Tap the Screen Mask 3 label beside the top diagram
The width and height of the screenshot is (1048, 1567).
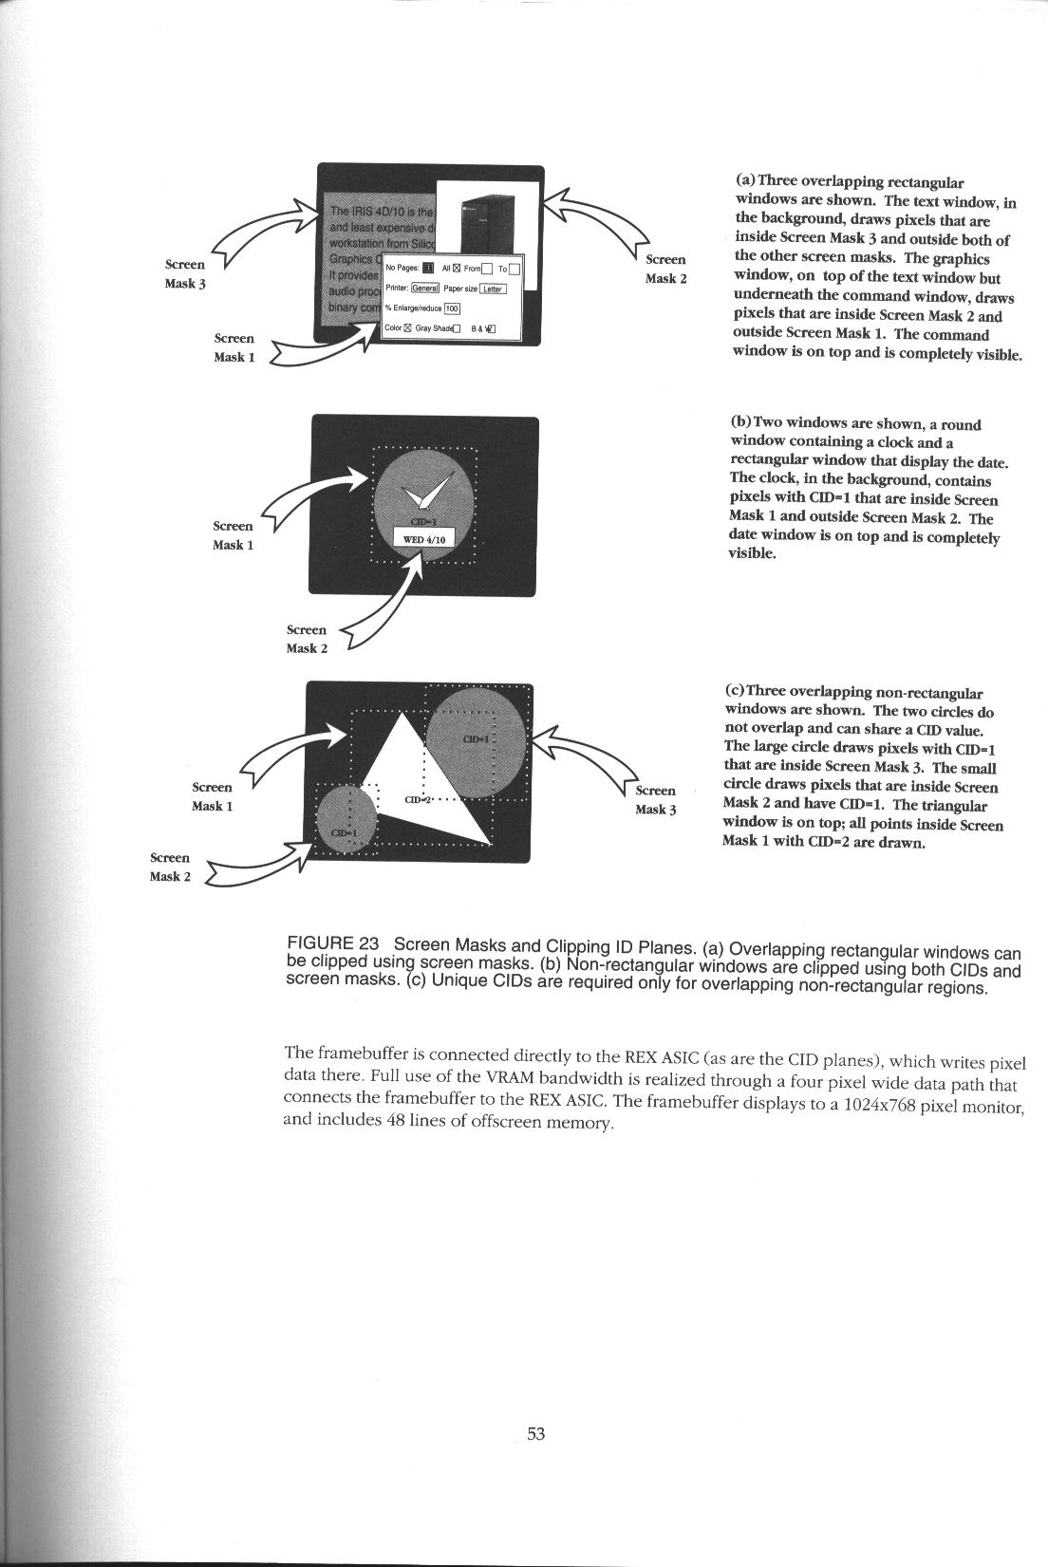point(185,274)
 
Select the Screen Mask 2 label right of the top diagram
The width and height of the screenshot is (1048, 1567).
point(665,269)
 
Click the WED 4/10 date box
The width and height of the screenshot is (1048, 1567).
point(425,539)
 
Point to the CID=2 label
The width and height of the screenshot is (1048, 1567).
point(419,800)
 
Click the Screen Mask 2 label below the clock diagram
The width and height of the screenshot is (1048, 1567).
point(307,639)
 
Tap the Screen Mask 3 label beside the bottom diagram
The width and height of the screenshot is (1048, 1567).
point(655,800)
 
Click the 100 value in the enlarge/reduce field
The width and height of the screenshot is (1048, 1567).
point(452,308)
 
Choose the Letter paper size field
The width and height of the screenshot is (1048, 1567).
point(493,289)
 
